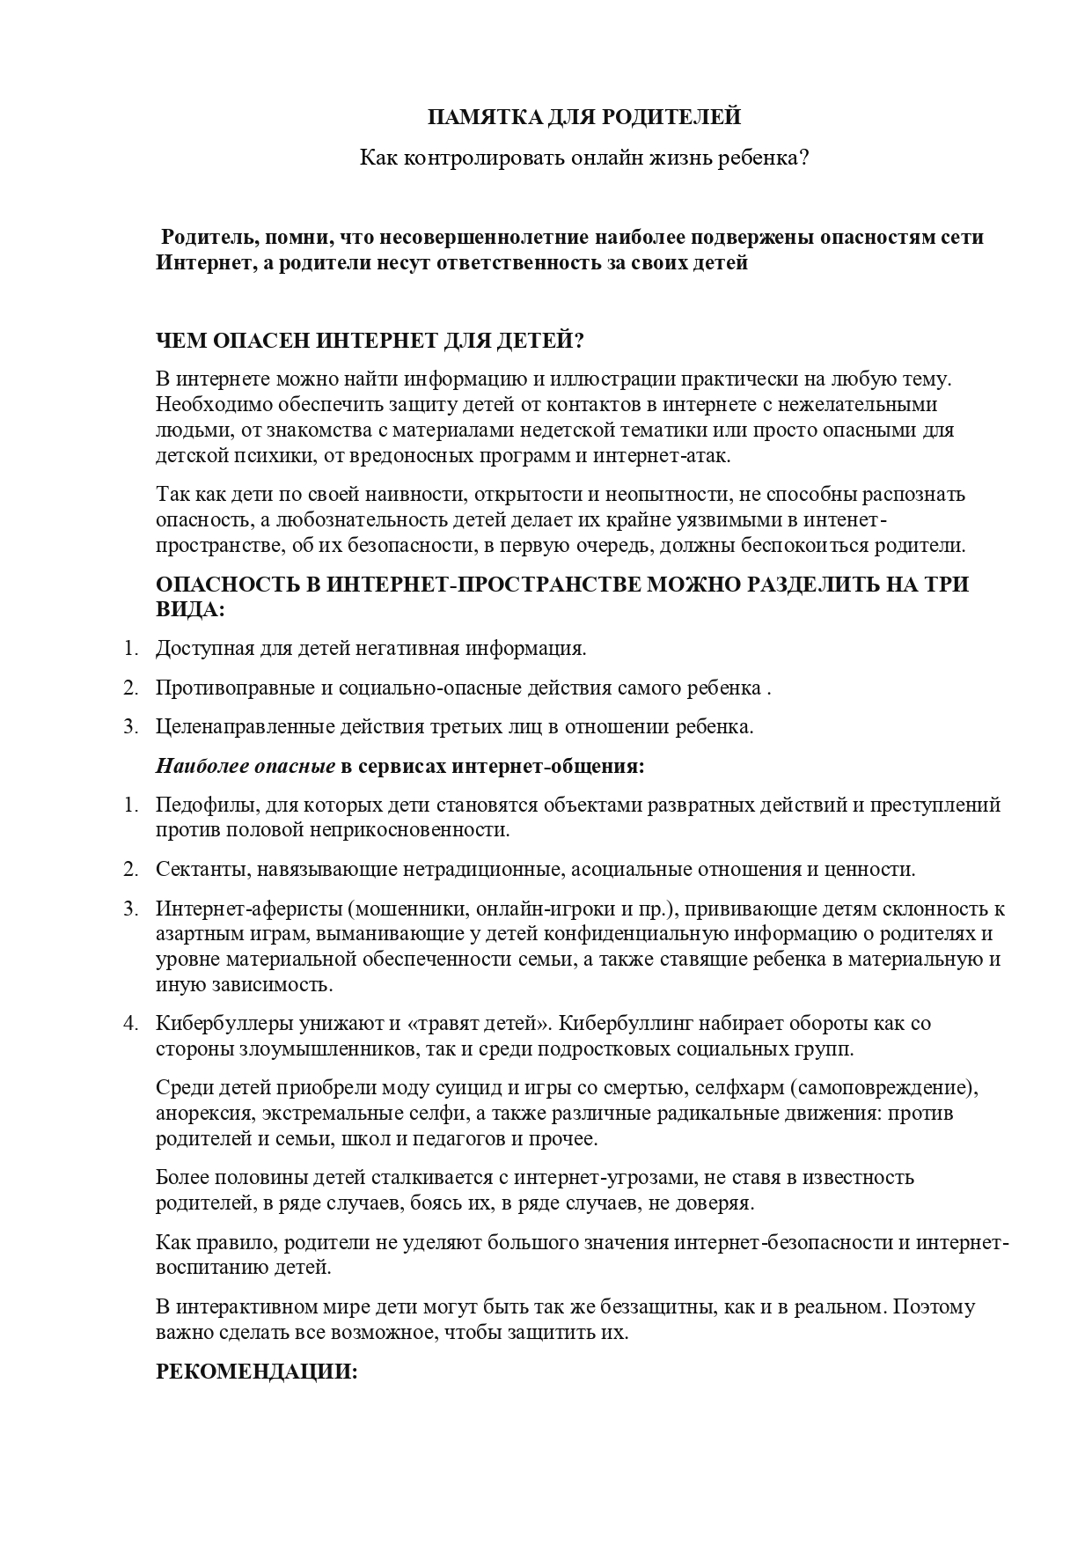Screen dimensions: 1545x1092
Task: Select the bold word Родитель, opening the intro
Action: coord(202,238)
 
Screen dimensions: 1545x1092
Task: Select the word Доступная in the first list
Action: coord(203,650)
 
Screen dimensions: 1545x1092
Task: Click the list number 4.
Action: coord(129,1024)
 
